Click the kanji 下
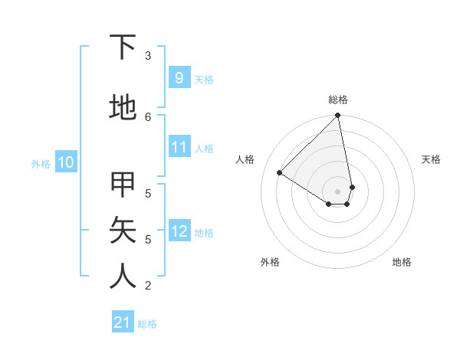[x=123, y=47]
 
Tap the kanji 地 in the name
[x=123, y=106]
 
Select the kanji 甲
[x=123, y=185]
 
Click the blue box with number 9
[x=179, y=78]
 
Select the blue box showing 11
[x=179, y=147]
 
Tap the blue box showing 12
[x=179, y=231]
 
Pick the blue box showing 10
[x=65, y=162]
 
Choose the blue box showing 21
[x=123, y=322]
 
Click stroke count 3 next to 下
[x=148, y=55]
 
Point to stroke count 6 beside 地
[x=148, y=116]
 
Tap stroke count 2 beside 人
[x=148, y=286]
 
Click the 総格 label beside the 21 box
[x=147, y=324]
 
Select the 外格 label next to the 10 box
[x=40, y=164]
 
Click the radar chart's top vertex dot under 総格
[x=337, y=116]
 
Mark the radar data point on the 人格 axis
[x=280, y=173]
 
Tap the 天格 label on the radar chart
[x=432, y=159]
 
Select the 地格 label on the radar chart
[x=402, y=262]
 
